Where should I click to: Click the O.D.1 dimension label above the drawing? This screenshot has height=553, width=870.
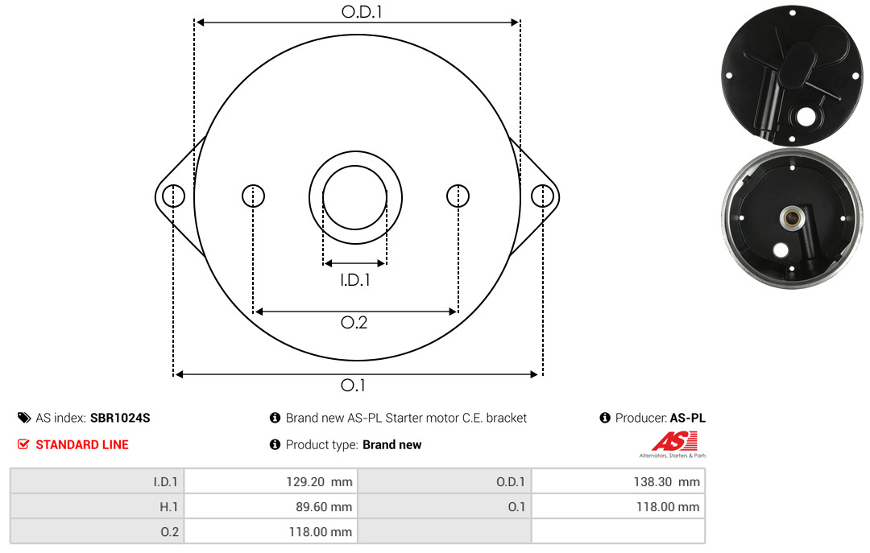click(x=362, y=11)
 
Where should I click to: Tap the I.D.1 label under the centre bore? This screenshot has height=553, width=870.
click(x=355, y=280)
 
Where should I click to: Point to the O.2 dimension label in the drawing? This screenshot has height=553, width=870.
click(x=354, y=322)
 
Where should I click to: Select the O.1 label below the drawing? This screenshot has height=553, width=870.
click(x=353, y=385)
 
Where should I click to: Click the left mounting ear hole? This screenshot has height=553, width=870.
click(x=174, y=196)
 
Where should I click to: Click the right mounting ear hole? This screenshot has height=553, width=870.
click(x=542, y=196)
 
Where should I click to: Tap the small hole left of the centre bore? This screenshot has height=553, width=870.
click(x=254, y=196)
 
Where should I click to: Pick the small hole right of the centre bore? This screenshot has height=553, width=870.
click(x=458, y=196)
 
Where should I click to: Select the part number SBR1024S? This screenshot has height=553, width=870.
click(x=120, y=418)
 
